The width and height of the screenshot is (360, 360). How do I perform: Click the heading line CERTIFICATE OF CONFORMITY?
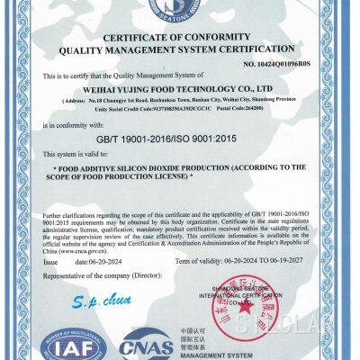(180, 36)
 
